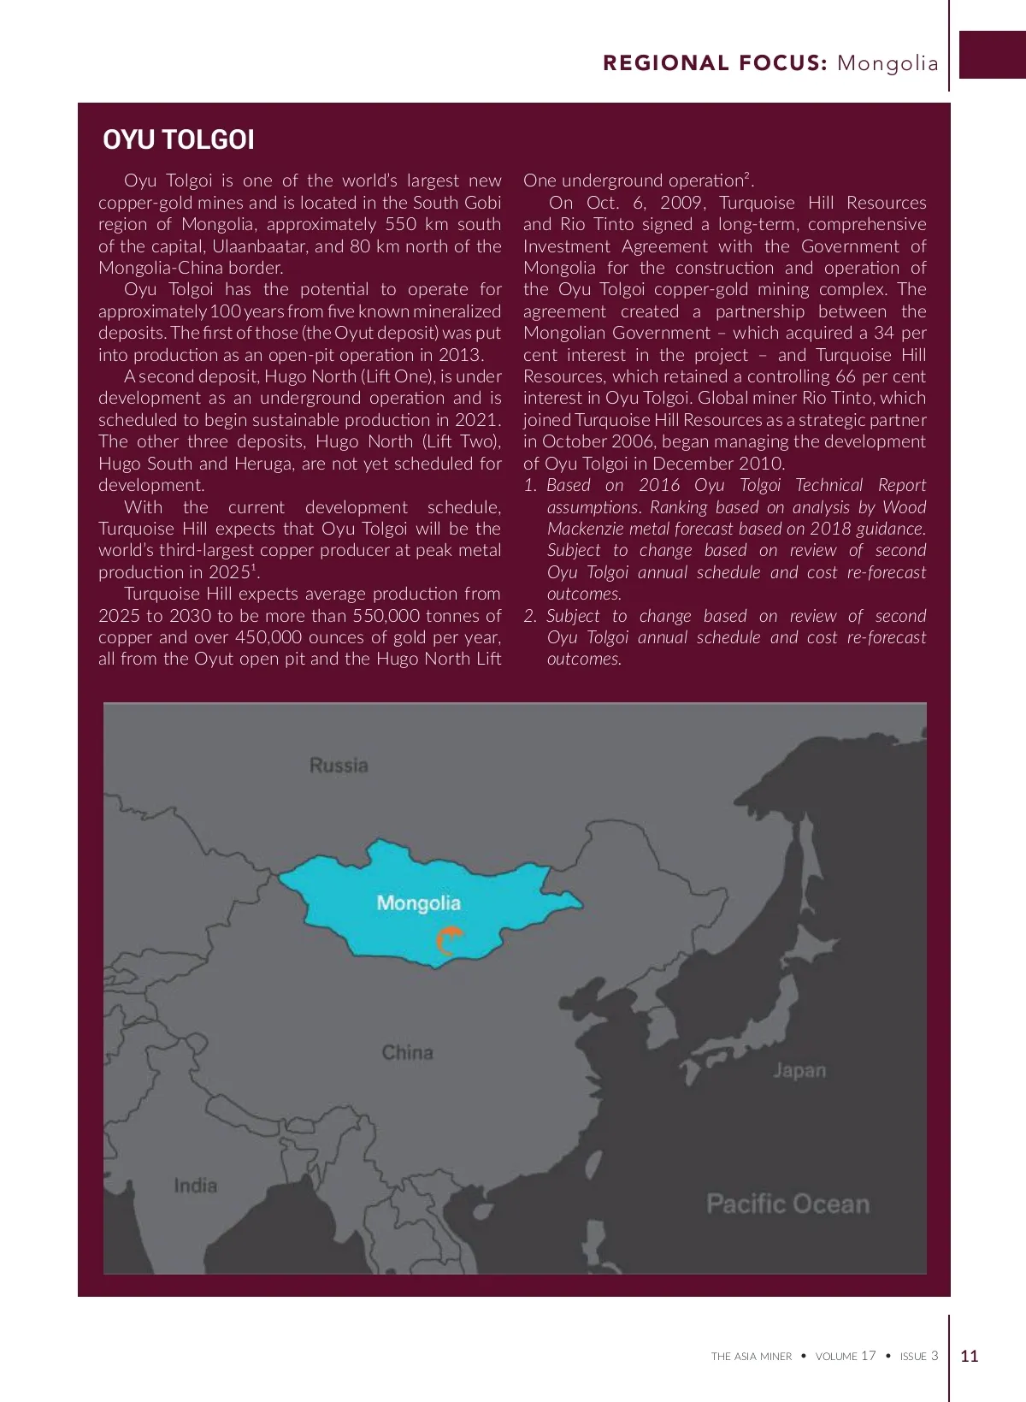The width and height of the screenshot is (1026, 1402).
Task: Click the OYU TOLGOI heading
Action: click(179, 139)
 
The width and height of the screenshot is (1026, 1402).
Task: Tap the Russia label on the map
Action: click(339, 765)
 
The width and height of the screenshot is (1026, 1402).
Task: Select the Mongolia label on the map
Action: click(418, 903)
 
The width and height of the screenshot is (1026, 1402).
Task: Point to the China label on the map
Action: click(407, 1052)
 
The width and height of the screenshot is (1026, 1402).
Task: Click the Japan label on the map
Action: click(799, 1070)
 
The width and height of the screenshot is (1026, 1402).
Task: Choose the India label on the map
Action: click(195, 1186)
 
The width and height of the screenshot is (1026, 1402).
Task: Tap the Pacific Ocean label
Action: click(787, 1204)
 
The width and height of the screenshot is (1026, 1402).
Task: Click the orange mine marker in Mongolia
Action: click(448, 941)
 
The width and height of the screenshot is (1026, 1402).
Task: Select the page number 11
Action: click(970, 1356)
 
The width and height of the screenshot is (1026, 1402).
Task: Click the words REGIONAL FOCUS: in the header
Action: click(715, 63)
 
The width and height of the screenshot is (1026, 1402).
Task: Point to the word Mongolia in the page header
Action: click(887, 63)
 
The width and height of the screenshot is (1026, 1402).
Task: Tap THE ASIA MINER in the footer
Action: click(752, 1357)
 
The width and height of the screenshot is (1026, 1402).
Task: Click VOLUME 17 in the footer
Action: click(846, 1356)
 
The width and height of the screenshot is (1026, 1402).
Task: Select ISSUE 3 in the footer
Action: click(919, 1356)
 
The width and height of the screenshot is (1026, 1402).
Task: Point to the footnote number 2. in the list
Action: click(531, 616)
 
